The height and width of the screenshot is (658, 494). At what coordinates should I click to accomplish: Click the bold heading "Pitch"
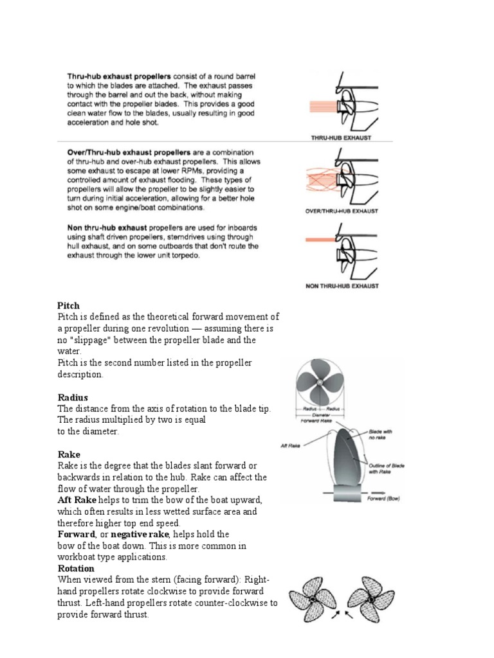69,306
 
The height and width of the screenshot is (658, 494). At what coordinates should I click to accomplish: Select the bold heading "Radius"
73,398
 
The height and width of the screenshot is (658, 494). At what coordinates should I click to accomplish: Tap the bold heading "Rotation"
76,569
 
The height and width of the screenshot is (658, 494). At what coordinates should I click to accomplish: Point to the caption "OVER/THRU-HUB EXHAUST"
340,211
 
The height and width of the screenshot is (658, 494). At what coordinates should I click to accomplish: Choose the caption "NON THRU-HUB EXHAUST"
342,286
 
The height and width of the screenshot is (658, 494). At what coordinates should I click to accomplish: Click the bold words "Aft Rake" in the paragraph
77,500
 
